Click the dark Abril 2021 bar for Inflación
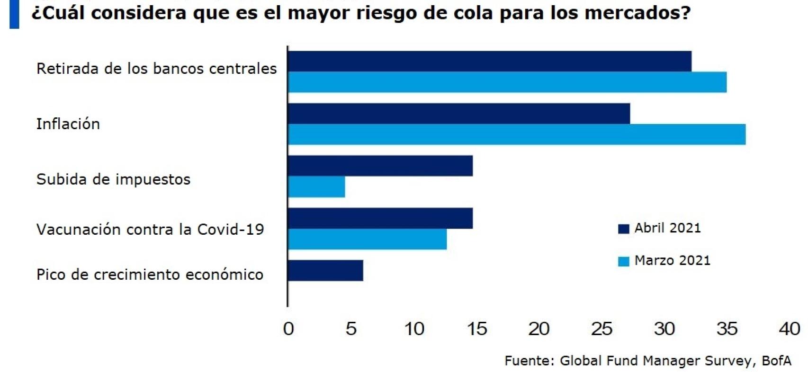(x=458, y=114)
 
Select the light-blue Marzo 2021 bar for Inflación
(x=516, y=134)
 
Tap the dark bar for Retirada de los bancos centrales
(x=489, y=62)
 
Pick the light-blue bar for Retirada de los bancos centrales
(x=507, y=82)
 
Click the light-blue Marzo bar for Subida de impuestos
(x=316, y=187)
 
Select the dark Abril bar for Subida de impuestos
(x=380, y=166)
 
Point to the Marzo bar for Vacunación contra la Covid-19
(x=367, y=239)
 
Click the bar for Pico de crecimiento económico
(x=325, y=270)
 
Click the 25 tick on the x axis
(x=602, y=329)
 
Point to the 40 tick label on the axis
(x=789, y=329)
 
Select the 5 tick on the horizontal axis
(x=351, y=329)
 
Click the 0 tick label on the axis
(x=288, y=329)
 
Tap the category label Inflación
(x=68, y=124)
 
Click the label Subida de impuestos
(x=113, y=179)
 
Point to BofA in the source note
(x=776, y=361)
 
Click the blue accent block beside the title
(x=14, y=14)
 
